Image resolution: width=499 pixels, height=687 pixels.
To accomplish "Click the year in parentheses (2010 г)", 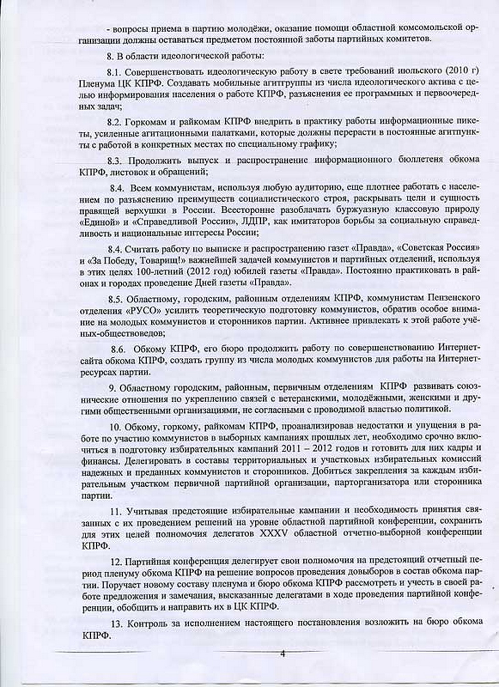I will (461, 72).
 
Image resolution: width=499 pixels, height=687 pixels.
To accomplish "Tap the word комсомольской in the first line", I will (433, 28).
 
